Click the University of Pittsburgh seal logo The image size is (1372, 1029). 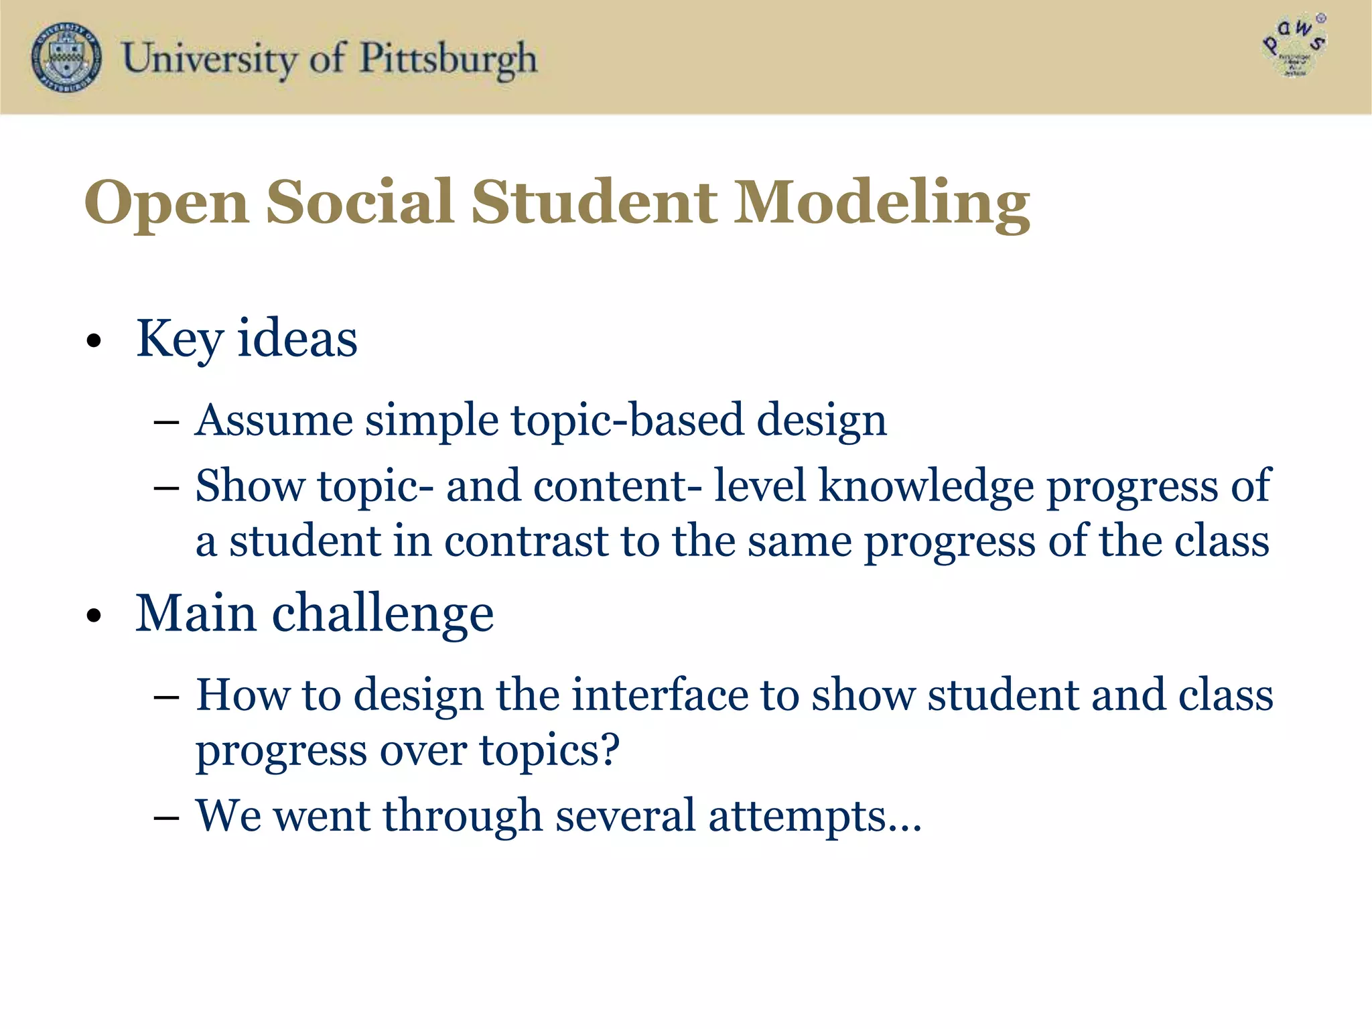(66, 58)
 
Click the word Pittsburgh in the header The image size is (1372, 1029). (448, 59)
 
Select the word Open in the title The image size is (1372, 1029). (166, 202)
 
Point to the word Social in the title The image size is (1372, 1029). (360, 202)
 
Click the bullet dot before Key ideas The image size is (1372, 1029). (94, 341)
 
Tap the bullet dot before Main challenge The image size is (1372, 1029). (94, 616)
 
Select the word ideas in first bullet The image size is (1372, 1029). (297, 339)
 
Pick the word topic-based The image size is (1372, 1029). (628, 421)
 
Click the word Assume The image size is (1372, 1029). (273, 421)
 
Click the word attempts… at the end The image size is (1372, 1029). (815, 817)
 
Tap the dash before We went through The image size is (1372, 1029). (166, 818)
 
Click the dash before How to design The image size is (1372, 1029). (166, 697)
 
